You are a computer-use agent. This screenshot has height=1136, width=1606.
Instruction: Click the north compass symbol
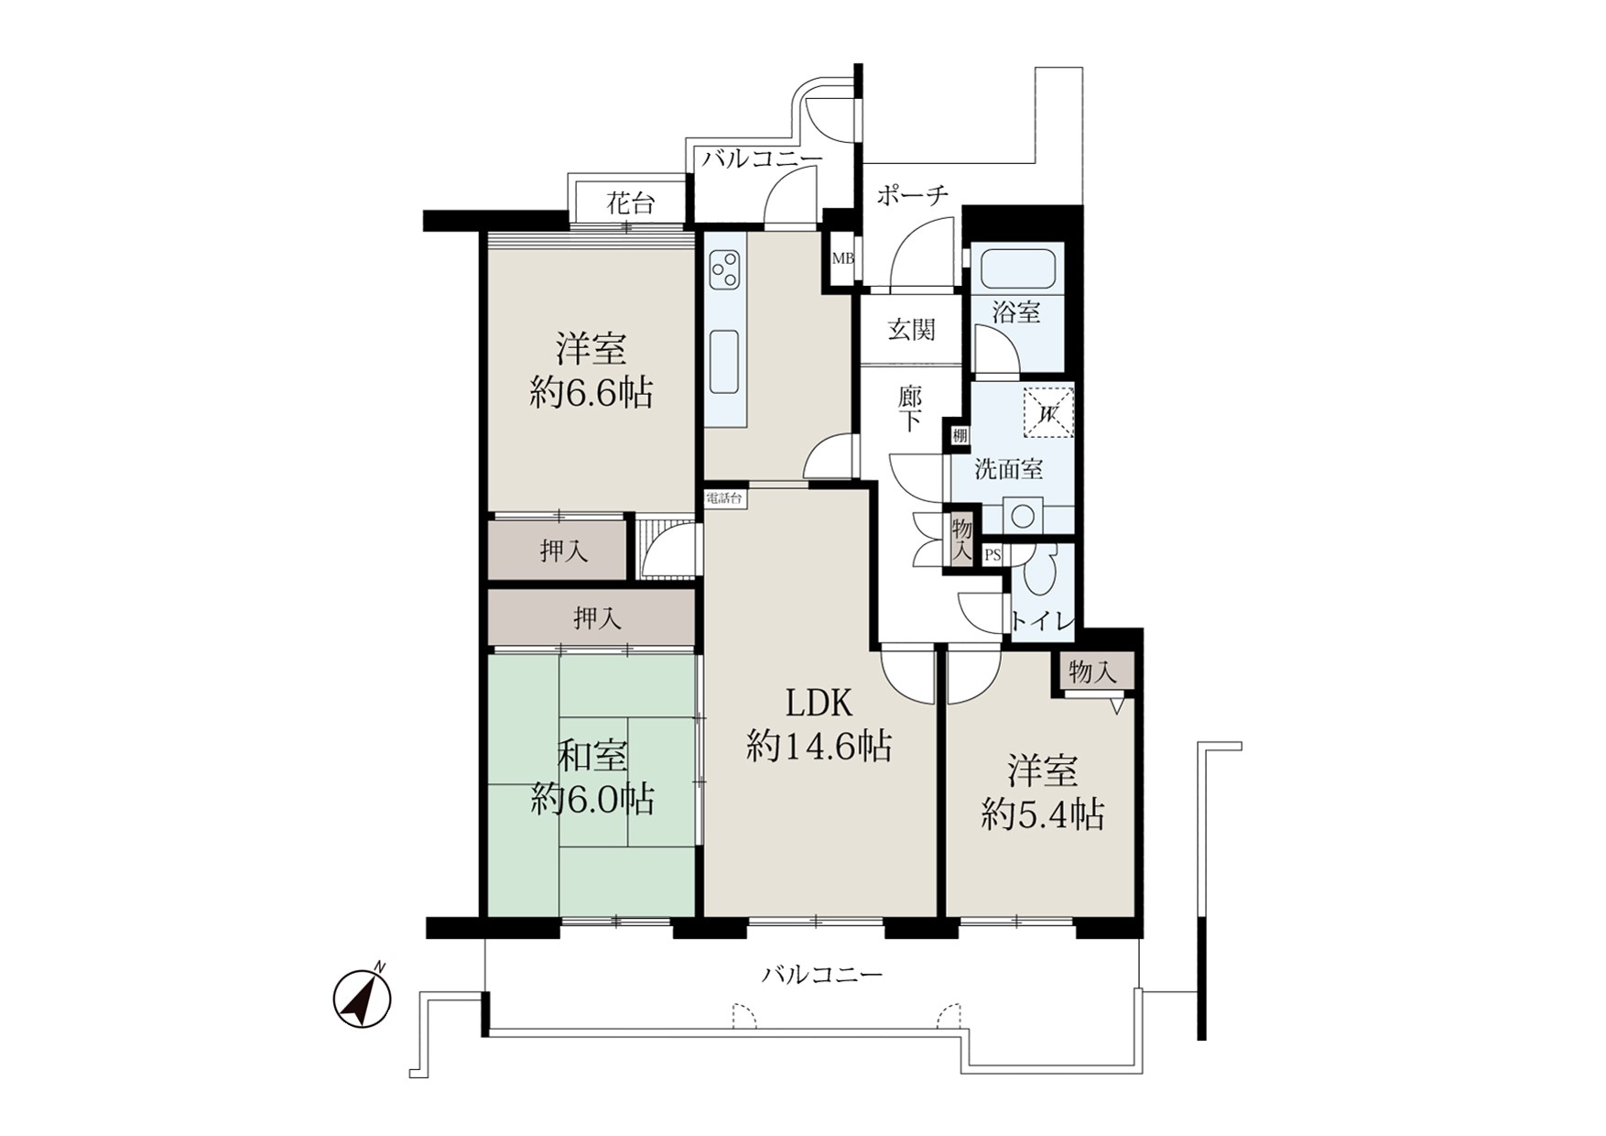[363, 998]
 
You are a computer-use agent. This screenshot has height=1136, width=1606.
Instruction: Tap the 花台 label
[630, 203]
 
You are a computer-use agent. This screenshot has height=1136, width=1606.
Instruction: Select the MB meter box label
[842, 258]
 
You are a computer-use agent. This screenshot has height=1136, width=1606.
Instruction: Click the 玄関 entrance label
[911, 330]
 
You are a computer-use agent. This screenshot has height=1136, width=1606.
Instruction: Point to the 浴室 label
[1016, 311]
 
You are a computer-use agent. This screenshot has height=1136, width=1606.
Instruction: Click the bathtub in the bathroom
[1018, 268]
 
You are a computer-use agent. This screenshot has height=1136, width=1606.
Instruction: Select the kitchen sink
[723, 361]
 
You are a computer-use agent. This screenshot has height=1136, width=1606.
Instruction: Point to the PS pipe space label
[993, 555]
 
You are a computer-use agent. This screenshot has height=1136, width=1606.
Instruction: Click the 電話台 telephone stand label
[723, 499]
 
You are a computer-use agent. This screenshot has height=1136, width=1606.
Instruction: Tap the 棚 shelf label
[959, 436]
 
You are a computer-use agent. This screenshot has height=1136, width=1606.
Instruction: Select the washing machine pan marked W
[1047, 413]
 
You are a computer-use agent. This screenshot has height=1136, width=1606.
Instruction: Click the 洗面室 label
[1008, 470]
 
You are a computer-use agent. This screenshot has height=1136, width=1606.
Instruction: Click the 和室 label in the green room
[593, 757]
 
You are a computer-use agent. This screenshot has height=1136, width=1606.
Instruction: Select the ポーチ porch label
[912, 194]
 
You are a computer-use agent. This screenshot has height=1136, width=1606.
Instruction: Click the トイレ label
[1042, 621]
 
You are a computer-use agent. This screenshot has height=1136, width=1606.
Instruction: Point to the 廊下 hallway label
[909, 410]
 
